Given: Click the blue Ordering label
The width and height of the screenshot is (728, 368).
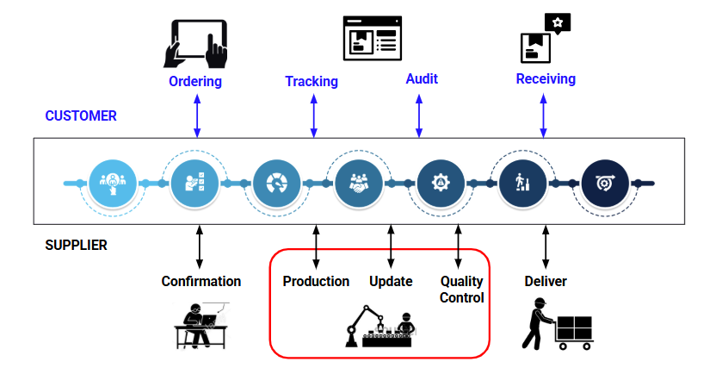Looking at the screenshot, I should (x=195, y=82).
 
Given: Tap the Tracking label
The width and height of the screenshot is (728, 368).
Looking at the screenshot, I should (x=312, y=82).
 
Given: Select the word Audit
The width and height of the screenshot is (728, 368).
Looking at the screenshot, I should (x=422, y=78).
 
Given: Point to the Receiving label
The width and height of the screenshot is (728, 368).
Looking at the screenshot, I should (x=546, y=79).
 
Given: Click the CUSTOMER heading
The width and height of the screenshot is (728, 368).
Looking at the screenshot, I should (x=81, y=115).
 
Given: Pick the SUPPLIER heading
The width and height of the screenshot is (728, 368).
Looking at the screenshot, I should (x=76, y=246).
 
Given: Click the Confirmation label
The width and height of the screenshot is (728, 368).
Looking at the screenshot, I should (x=201, y=282).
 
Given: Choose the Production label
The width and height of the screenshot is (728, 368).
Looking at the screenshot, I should (x=316, y=282).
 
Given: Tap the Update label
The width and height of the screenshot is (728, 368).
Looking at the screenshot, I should (x=391, y=282).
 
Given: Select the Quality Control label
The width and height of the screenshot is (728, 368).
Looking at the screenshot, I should (x=462, y=290).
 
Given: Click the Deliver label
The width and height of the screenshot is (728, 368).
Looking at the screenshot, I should (x=546, y=282).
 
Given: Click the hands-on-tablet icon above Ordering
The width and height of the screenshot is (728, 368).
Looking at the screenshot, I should (x=195, y=43).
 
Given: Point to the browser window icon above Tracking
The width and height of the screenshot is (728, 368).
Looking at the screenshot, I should (x=371, y=38).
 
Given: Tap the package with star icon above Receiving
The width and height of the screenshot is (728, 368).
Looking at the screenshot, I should (x=546, y=39).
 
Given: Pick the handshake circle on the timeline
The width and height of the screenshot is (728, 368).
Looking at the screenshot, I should (x=358, y=183).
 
